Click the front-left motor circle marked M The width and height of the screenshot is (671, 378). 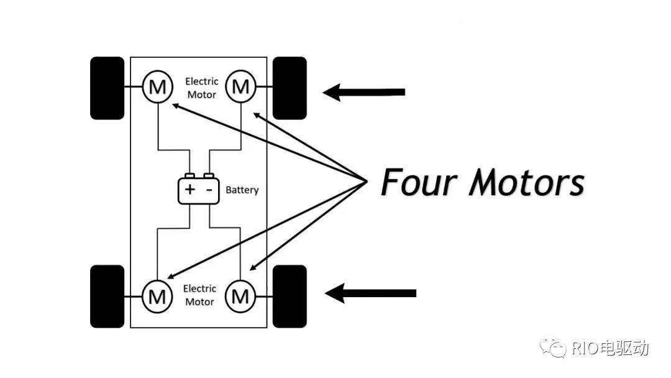157,87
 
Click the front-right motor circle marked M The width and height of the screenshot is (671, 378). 240,87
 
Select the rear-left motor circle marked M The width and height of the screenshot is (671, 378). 157,297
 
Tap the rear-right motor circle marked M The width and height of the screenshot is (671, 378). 240,297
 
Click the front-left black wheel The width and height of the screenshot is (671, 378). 107,88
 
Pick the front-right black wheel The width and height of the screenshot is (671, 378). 290,88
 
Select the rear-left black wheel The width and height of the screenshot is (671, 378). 107,297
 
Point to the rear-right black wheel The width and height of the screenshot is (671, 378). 290,297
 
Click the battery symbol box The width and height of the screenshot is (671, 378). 199,190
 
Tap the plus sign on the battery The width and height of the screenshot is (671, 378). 189,190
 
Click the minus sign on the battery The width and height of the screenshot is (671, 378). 209,190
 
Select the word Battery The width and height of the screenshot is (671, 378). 242,190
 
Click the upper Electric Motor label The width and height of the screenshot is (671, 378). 201,88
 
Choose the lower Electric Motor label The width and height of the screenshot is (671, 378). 200,295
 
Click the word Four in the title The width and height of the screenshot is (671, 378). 418,182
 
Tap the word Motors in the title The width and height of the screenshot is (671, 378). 526,182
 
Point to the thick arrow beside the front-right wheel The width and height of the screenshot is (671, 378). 363,92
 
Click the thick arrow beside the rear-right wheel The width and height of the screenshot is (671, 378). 370,293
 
